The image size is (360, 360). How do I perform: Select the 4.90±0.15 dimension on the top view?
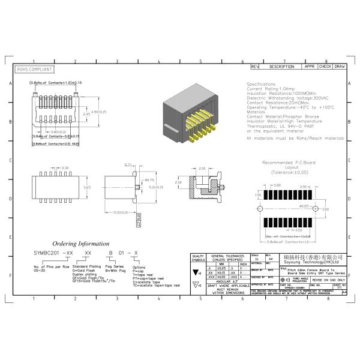[98, 112]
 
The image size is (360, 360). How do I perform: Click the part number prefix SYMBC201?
[46, 254]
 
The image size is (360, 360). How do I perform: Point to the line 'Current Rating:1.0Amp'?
[271, 88]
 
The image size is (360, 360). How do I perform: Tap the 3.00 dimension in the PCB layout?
[325, 209]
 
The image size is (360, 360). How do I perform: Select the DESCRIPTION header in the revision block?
[281, 67]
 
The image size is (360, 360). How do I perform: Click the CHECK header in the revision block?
[325, 67]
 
